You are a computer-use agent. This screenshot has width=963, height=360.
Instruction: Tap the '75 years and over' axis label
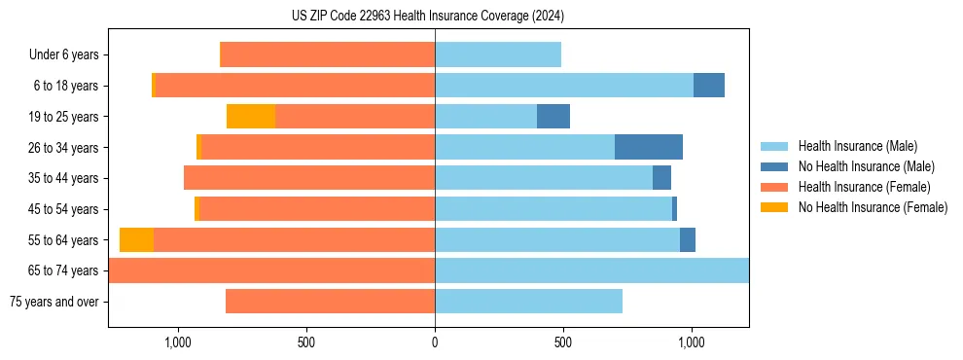(x=54, y=302)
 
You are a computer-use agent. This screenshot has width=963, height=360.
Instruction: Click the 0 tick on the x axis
(x=435, y=342)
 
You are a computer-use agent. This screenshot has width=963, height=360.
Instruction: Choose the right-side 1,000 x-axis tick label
(x=692, y=342)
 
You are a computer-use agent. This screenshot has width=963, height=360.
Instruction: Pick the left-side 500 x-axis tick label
(x=305, y=342)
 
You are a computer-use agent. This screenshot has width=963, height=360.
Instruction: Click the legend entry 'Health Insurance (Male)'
(x=857, y=146)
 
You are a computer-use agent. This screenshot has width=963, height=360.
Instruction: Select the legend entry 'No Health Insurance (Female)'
(x=873, y=207)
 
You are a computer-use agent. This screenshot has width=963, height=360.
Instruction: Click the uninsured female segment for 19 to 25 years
(x=251, y=117)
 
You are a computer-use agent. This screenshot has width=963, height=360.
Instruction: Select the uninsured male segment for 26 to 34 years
(x=649, y=147)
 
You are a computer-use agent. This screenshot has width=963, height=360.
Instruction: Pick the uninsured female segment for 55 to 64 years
(x=136, y=239)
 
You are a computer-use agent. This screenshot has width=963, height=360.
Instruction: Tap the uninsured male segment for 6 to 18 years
(x=709, y=86)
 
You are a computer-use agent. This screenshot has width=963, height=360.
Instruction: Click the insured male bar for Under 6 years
(x=498, y=54)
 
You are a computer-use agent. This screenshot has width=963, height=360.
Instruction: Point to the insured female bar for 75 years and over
(x=330, y=302)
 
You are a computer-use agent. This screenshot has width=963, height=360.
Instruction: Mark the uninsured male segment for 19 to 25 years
(x=553, y=117)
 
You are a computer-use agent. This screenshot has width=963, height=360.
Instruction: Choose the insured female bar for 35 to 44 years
(x=309, y=178)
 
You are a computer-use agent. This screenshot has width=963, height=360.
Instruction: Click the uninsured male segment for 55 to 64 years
(x=688, y=239)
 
